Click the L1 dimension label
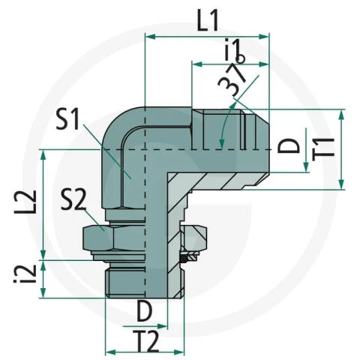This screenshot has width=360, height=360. (208, 21)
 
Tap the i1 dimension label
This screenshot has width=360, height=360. (235, 49)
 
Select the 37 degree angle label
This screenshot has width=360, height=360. (232, 80)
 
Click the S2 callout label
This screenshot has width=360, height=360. (73, 201)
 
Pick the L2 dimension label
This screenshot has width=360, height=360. (25, 202)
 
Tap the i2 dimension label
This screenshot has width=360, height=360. (25, 274)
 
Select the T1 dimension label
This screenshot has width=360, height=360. (324, 147)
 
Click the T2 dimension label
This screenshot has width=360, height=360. (145, 341)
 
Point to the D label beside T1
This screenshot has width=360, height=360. (289, 145)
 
